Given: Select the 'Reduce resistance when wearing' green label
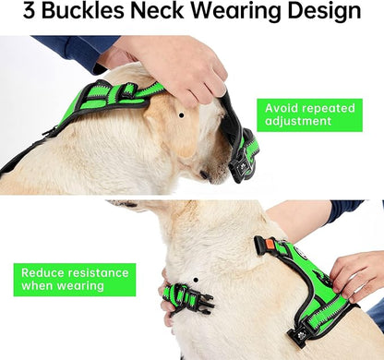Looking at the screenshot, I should click(x=74, y=280).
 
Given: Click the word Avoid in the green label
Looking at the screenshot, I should click(x=282, y=107).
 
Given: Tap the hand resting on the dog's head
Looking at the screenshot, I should click(x=180, y=66).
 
